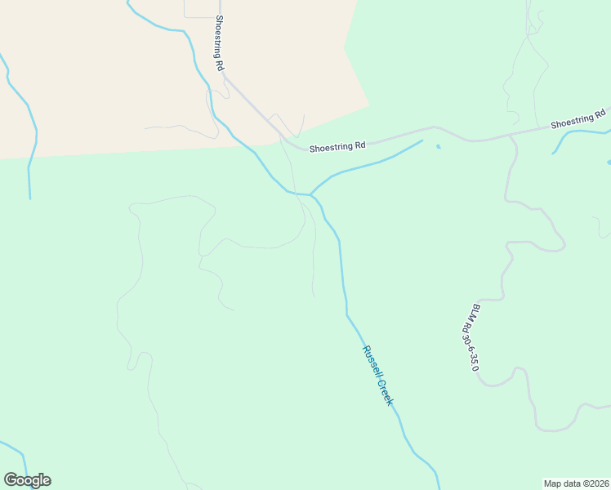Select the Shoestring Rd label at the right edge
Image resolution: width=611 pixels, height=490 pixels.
point(578,119)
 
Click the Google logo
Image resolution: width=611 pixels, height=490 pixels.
point(27,480)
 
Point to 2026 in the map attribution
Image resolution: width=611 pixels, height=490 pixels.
point(596,483)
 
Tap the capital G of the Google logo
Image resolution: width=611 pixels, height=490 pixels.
point(11,480)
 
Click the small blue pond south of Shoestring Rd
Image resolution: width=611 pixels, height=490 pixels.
point(439,147)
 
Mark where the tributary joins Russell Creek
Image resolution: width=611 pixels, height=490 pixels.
point(310,194)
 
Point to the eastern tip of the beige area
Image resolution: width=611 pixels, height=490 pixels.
point(369,105)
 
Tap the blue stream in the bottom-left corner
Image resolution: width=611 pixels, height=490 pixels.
point(16,450)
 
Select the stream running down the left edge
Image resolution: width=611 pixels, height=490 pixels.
point(31,155)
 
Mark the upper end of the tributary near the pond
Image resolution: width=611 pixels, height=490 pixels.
point(421,141)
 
